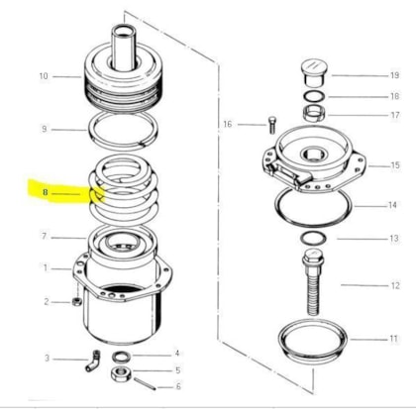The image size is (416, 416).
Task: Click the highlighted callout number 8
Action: click(x=45, y=192)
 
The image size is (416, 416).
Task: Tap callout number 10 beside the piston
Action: click(x=44, y=76)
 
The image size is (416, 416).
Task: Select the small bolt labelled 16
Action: click(x=272, y=125)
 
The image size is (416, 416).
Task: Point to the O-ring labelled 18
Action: click(x=314, y=96)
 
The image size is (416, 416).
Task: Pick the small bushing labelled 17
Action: click(x=314, y=113)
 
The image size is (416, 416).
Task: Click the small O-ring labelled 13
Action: click(x=313, y=238)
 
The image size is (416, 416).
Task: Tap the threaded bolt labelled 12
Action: click(x=313, y=281)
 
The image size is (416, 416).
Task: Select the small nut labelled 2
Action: click(x=76, y=301)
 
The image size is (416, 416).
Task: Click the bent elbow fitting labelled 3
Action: click(x=93, y=361)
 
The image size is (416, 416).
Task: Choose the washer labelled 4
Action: click(x=122, y=356)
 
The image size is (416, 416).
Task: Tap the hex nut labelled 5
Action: click(x=121, y=373)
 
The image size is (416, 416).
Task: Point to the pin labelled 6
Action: click(x=145, y=384)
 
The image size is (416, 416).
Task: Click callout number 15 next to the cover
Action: click(x=395, y=165)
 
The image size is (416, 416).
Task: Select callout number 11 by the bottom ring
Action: click(x=393, y=339)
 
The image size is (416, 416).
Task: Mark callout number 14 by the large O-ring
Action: click(x=392, y=205)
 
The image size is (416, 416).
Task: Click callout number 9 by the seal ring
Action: click(x=45, y=129)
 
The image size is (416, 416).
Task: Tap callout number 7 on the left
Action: click(x=45, y=236)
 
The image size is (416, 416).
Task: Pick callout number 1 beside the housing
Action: click(x=46, y=267)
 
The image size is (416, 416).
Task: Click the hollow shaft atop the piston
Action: click(x=124, y=48)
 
